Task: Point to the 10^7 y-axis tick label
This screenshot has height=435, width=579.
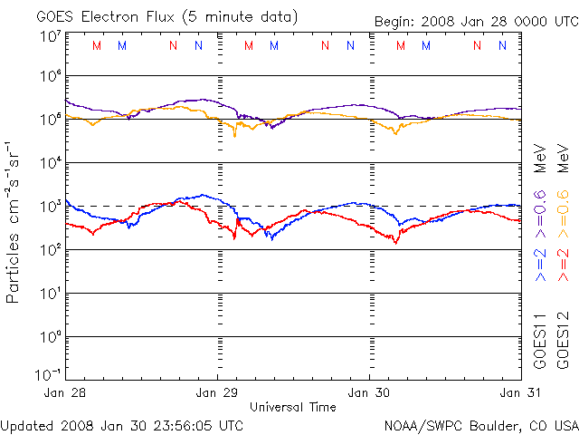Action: [50, 36]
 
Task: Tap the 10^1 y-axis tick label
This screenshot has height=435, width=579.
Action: [50, 294]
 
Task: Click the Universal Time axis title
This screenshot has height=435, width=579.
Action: [293, 407]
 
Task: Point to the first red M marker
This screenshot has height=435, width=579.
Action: [98, 45]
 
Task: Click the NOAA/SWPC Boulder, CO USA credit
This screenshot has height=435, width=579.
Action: [480, 424]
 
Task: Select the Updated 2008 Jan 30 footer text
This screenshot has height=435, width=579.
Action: [121, 424]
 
